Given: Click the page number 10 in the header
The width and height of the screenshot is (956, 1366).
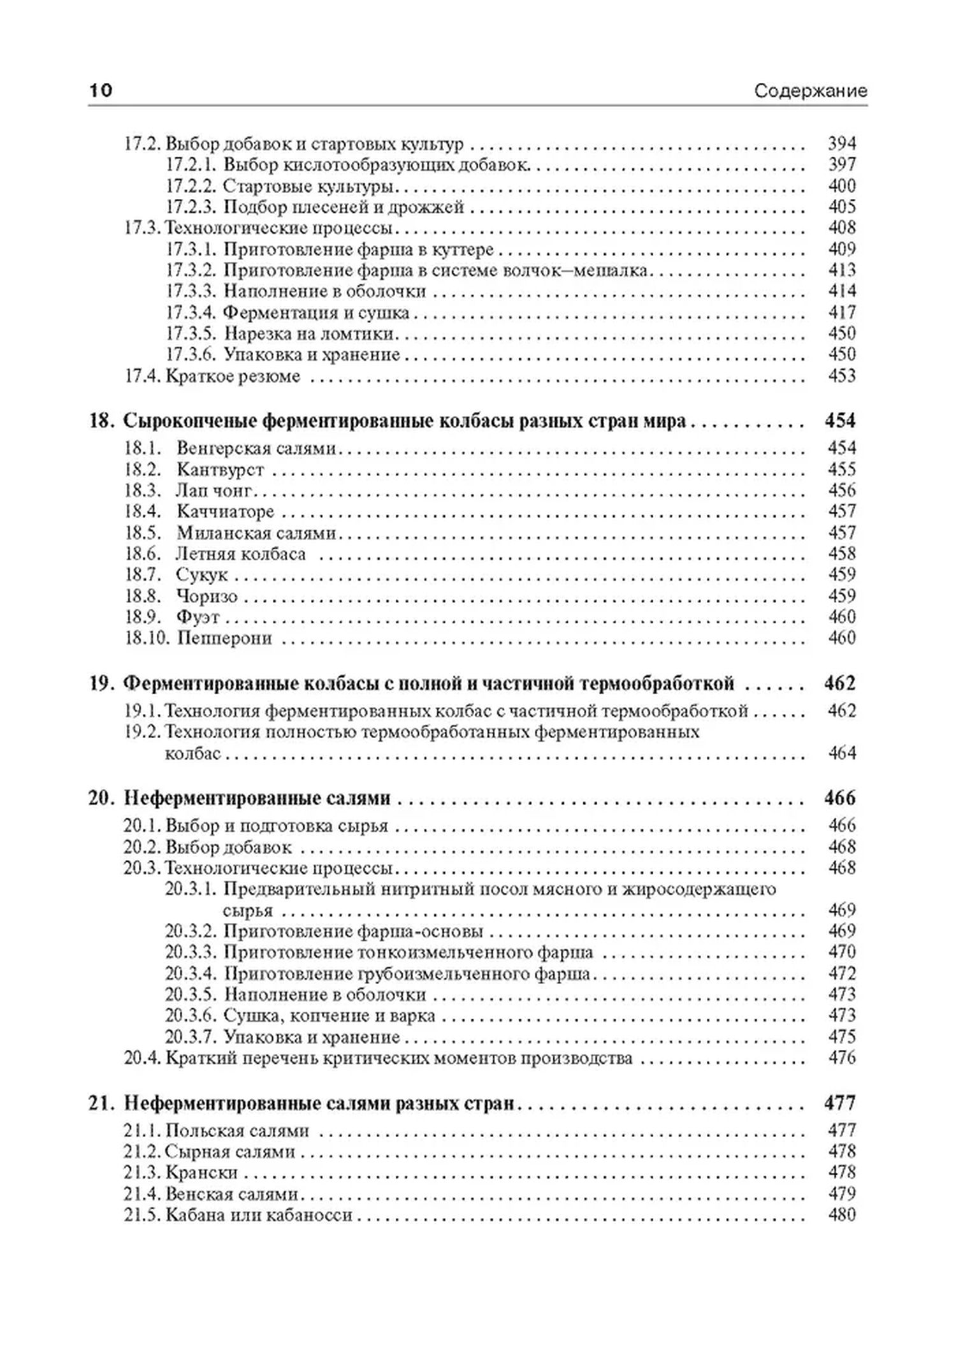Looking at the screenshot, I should coord(101,91).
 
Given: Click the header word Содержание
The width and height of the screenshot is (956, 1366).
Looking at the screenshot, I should coord(810,91).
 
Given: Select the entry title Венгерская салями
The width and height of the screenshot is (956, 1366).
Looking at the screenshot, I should coord(256,448).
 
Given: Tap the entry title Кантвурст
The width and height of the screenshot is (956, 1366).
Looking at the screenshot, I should coord(220,470).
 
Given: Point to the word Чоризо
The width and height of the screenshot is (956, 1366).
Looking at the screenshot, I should coord(206,597).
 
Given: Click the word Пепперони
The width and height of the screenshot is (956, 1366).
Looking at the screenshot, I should coord(224,638).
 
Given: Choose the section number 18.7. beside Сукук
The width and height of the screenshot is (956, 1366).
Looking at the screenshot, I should coord(142,575).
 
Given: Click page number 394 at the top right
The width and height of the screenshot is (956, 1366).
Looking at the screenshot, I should coord(841,143).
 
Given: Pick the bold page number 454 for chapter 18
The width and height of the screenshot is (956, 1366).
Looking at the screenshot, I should coord(840,421).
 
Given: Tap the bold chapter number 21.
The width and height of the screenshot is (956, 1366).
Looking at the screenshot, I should coord(100,1103).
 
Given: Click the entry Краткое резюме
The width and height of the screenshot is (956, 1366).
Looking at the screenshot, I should coord(233,376).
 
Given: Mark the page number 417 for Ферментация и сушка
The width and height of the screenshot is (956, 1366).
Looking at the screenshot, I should coord(841,313).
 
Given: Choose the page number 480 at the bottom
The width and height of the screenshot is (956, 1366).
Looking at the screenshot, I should coord(841,1215).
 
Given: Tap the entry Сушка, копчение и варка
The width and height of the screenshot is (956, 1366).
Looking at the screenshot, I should coord(330,1015).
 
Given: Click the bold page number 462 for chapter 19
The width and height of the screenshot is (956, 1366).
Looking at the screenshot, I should coord(840,683).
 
